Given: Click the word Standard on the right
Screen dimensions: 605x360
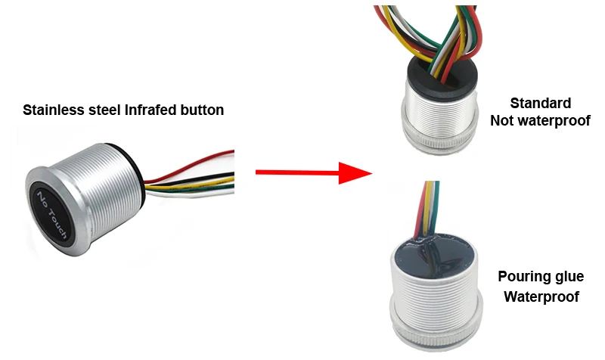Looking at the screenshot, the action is [540, 104].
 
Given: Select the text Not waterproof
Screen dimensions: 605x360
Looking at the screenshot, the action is [540, 120].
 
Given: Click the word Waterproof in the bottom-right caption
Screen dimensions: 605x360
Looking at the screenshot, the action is [541, 296].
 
